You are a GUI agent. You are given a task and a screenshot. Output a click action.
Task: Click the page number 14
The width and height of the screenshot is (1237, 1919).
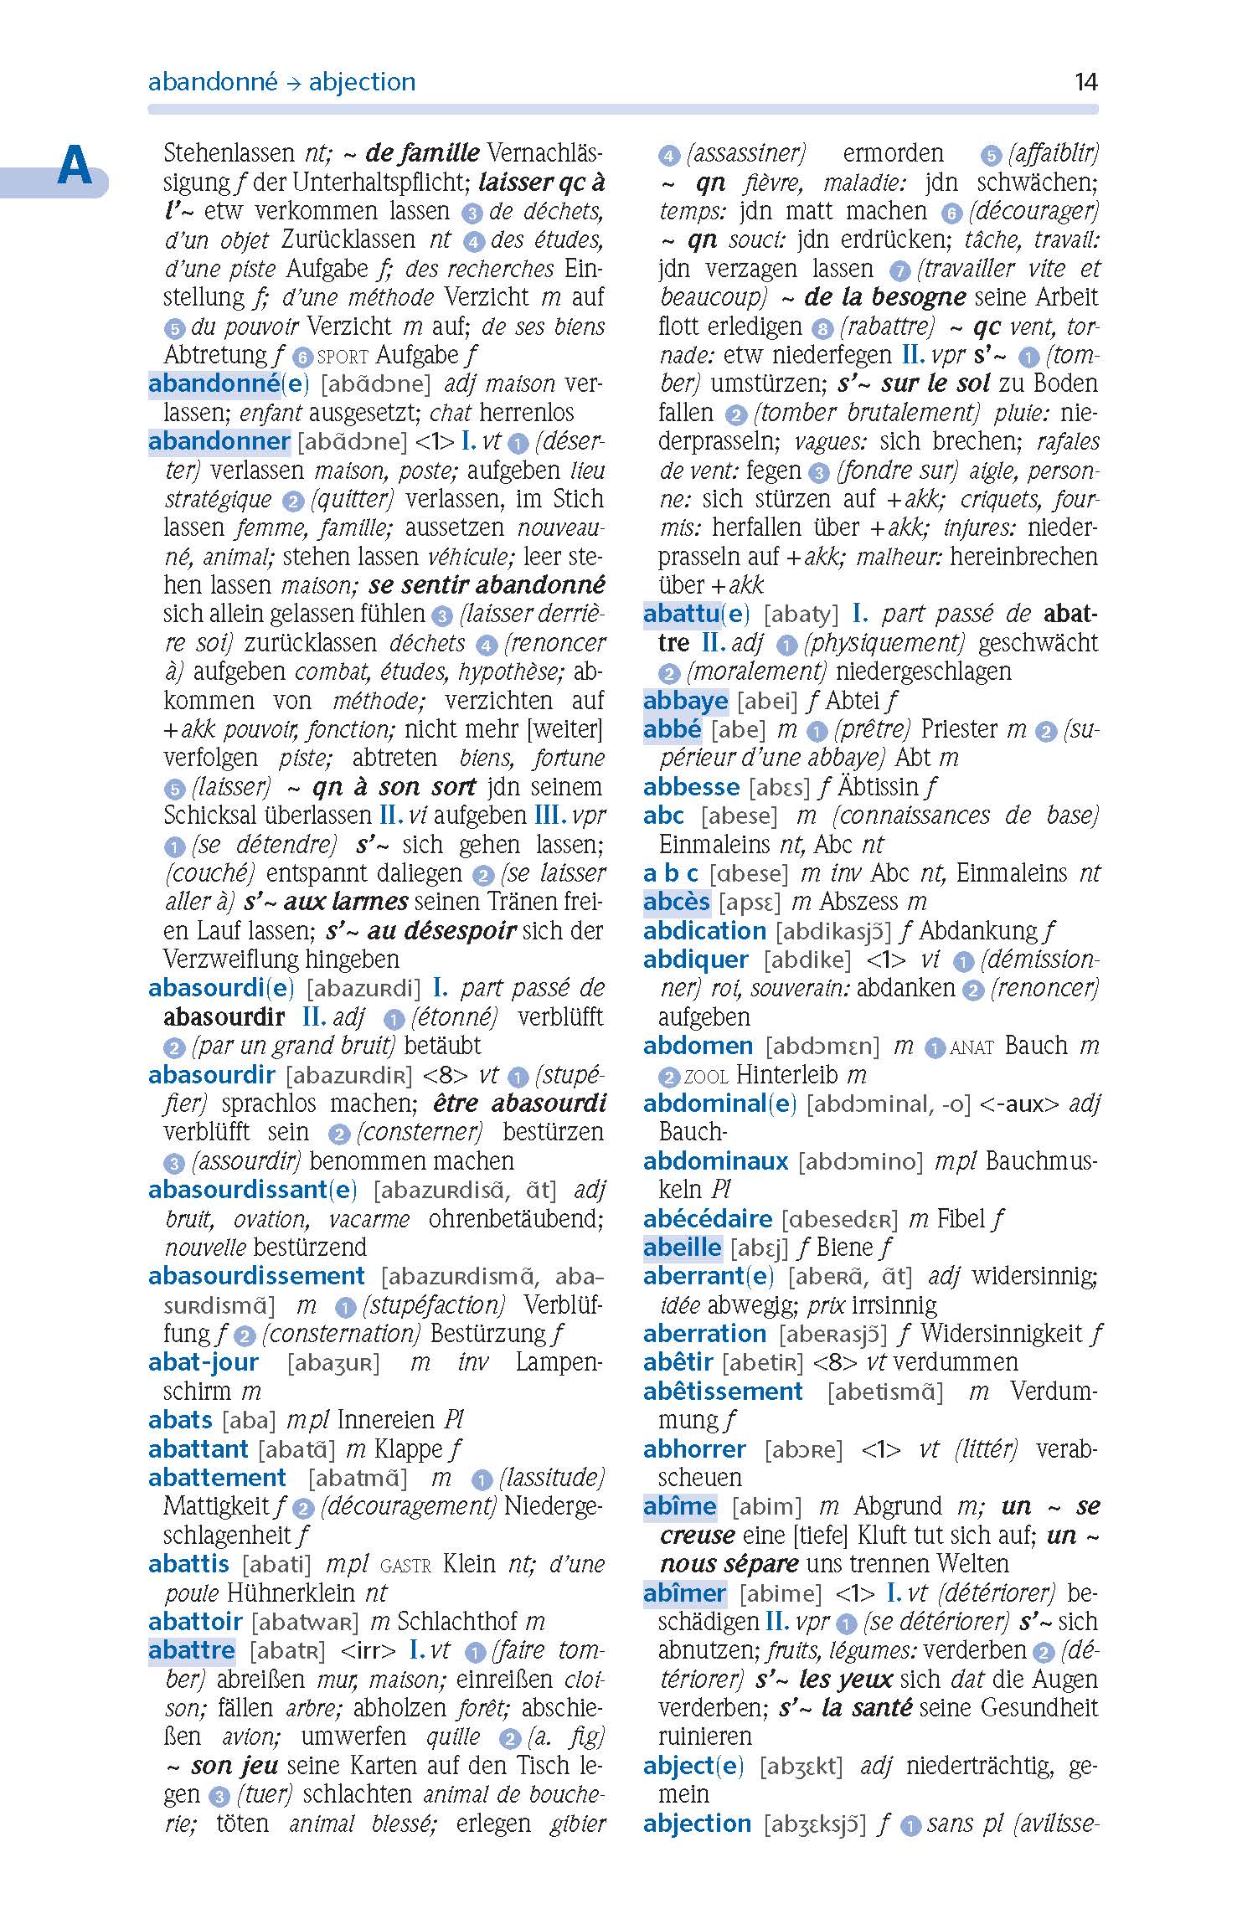[1085, 81]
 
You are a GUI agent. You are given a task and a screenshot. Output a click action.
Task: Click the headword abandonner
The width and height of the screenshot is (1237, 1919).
[219, 441]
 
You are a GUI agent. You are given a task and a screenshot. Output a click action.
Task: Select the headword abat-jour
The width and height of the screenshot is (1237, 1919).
[204, 1362]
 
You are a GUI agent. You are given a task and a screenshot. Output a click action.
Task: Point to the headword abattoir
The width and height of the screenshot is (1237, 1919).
[195, 1621]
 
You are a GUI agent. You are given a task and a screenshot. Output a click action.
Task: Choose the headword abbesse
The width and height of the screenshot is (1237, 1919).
[691, 786]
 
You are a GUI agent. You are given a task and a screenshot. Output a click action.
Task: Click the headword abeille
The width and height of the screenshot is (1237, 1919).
[682, 1247]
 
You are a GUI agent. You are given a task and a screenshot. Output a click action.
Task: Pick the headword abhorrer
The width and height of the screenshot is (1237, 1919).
[694, 1448]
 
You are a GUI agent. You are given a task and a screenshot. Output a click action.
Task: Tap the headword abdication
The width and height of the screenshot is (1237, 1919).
[704, 930]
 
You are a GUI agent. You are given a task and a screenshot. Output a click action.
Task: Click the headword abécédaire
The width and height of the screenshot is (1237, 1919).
[708, 1218]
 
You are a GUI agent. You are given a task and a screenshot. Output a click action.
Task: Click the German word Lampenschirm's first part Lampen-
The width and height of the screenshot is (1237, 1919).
[559, 1362]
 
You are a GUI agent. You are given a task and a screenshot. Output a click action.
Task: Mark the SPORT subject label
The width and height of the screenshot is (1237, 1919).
[343, 356]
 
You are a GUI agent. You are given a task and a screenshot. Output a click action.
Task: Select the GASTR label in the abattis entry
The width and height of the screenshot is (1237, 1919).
[405, 1564]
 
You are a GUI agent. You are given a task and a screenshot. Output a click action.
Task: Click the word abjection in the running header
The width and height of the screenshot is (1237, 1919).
[362, 81]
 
